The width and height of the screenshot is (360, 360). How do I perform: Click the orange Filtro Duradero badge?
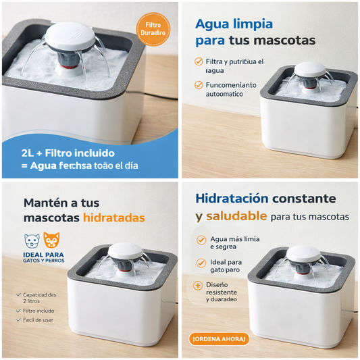pos(152,29)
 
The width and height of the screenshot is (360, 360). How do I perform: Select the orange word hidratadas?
pos(113,218)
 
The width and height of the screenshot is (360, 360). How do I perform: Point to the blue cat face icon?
pos(32,240)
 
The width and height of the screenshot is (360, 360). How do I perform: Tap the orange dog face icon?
pos(52,240)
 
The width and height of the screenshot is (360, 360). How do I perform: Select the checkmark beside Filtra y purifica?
pos(199,61)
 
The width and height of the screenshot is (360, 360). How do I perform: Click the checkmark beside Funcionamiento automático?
pos(199,85)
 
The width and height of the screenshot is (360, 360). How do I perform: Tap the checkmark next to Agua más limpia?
pos(201,240)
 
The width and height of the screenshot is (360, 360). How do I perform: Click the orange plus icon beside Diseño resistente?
pos(198,286)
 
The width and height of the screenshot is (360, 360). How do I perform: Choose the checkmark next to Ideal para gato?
pos(201,263)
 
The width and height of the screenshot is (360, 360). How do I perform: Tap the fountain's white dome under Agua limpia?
pos(311,69)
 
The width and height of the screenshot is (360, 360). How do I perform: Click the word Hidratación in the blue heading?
pos(232,199)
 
